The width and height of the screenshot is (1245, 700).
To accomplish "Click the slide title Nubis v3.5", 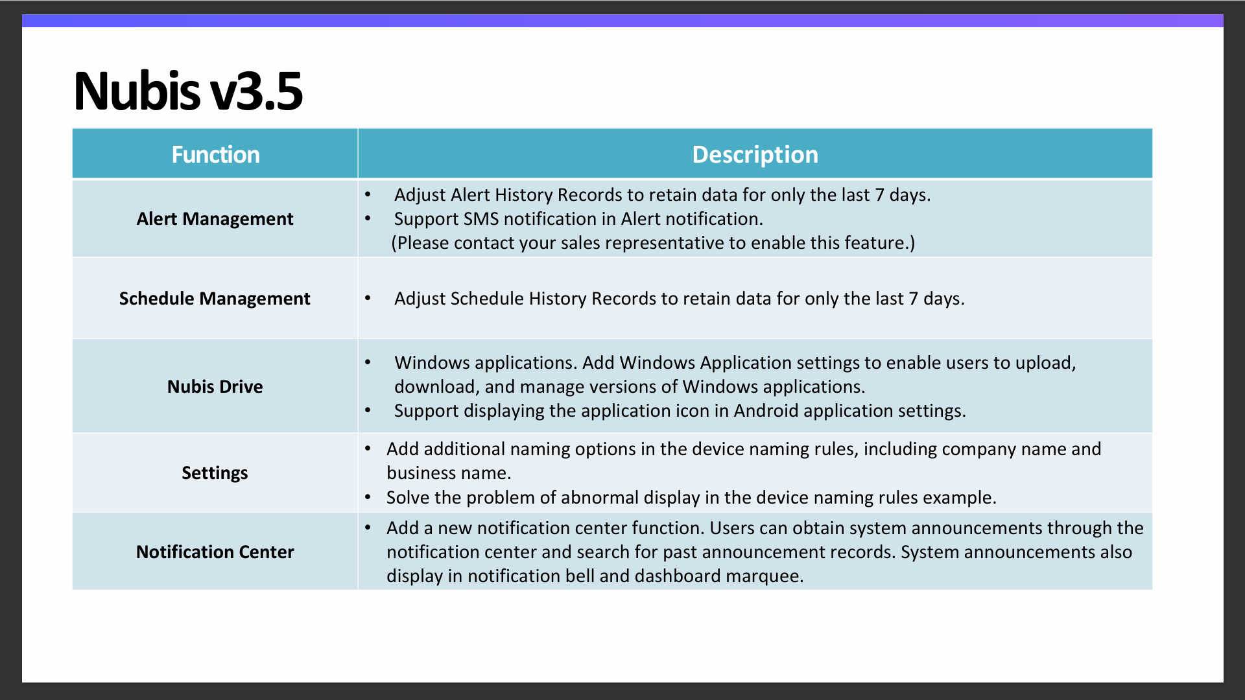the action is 188,91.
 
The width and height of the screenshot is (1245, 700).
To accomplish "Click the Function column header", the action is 215,155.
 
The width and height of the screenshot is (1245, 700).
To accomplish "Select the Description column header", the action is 755,155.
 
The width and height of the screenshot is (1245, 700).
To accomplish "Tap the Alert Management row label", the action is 215,219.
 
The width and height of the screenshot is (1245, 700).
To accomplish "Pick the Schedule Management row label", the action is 215,299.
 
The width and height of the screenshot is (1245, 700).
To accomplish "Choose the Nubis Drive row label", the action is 215,387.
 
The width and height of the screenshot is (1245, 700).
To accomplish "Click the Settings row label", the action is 215,473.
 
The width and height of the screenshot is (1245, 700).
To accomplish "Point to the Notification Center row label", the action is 215,552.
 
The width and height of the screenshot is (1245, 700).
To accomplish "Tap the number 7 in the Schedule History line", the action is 913,299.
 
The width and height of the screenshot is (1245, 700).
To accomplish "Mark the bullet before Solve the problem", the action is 368,498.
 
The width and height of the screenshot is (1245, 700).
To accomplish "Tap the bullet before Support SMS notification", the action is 368,219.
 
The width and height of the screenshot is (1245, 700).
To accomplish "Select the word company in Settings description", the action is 979,450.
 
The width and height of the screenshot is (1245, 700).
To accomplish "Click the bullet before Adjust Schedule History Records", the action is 368,298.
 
